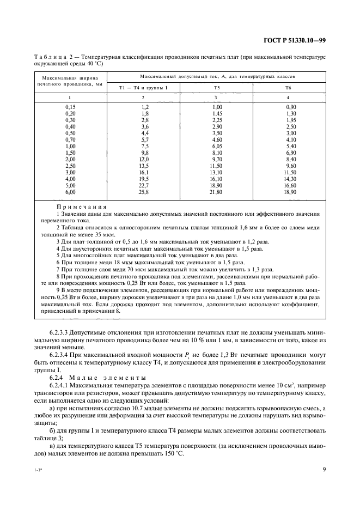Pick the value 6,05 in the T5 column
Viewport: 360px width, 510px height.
[x=217, y=146]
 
